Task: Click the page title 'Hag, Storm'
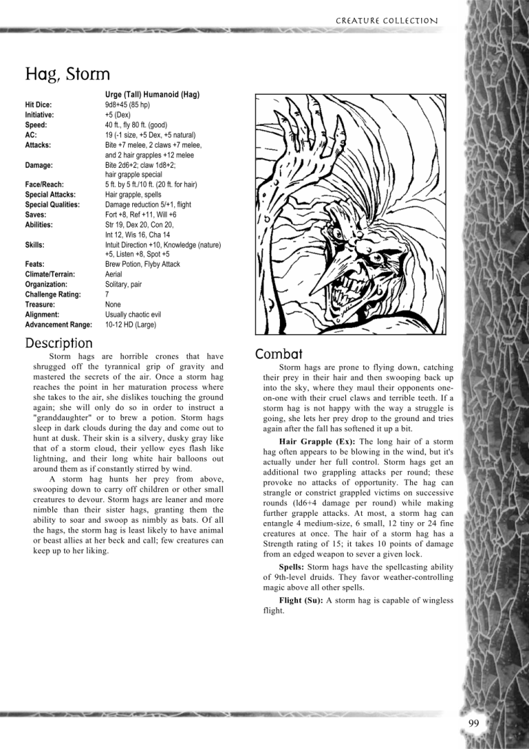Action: [68, 73]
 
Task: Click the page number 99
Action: [474, 723]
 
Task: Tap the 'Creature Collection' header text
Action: [386, 21]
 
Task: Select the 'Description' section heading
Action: [58, 343]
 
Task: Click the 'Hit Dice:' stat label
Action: [38, 104]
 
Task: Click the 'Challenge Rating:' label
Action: [53, 294]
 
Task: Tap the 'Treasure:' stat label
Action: [40, 305]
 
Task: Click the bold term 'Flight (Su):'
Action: [301, 600]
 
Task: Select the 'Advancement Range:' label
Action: [58, 325]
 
